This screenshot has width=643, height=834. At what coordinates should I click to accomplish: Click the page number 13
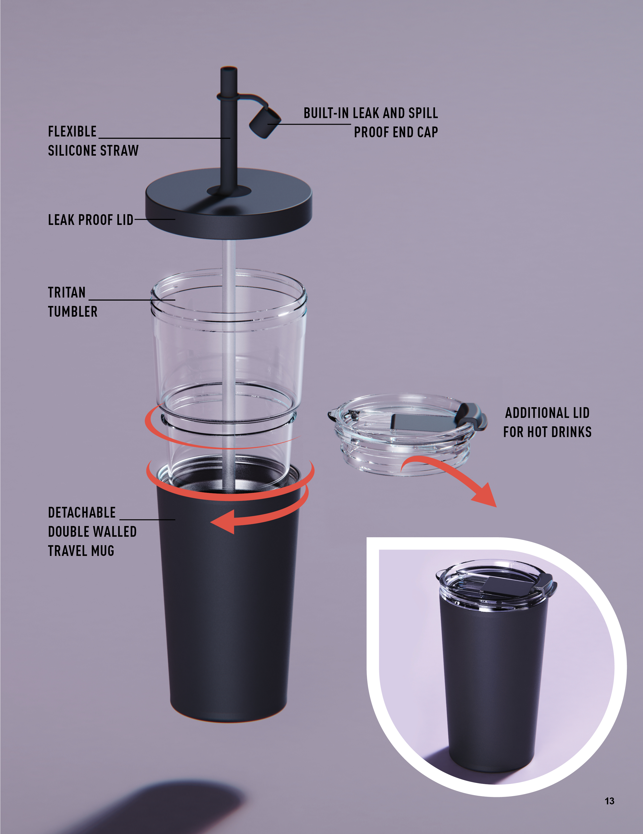(609, 801)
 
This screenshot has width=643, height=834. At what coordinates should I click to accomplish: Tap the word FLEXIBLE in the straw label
(72, 131)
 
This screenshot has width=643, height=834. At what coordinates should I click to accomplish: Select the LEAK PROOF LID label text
(91, 220)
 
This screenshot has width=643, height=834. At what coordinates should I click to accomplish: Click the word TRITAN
(67, 292)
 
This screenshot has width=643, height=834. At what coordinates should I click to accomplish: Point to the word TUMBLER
(73, 312)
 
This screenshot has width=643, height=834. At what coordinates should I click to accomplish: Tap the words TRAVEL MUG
(81, 551)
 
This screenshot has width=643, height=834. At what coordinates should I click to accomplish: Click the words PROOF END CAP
(396, 132)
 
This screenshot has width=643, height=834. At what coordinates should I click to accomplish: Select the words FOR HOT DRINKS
(547, 432)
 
